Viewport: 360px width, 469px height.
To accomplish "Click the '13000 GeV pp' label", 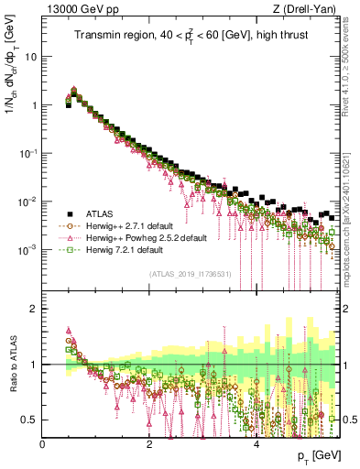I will [79, 10].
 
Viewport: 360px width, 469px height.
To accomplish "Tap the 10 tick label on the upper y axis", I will [31, 56].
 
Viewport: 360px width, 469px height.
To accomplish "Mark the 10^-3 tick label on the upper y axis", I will [28, 248].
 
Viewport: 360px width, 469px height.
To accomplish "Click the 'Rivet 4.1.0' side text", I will [352, 64].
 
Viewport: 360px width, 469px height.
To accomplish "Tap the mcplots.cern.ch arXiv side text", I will [352, 207].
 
